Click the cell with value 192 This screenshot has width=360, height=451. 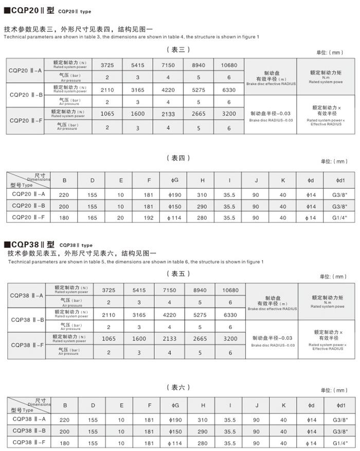coord(149,218)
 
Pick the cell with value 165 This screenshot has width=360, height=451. coord(93,218)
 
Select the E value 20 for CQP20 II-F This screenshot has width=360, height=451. coord(121,218)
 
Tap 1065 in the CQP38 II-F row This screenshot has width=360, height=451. coord(108,339)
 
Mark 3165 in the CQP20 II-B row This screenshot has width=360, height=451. coord(138,90)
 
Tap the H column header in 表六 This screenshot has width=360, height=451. coord(203,405)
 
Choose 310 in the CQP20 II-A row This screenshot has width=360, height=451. coord(203,194)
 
